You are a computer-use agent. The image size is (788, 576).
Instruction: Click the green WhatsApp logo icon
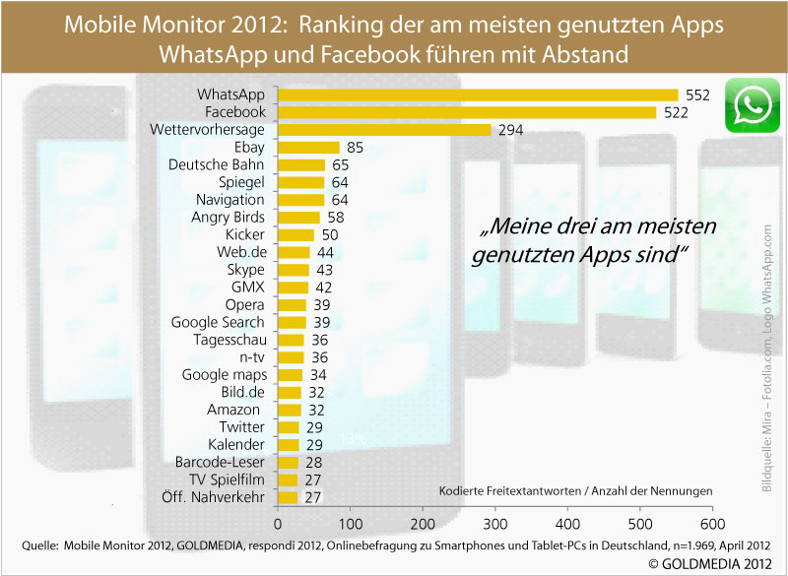point(753,106)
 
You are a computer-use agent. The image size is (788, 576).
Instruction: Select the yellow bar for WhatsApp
point(478,96)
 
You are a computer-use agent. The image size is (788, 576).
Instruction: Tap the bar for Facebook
point(467,112)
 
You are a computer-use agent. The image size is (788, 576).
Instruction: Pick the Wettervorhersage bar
point(384,130)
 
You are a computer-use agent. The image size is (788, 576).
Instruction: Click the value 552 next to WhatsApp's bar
point(696,96)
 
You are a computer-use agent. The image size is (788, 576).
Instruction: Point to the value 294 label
point(509,130)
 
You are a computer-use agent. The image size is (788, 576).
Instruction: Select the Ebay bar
point(308,148)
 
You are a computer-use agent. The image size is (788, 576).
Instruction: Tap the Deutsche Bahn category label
point(218,165)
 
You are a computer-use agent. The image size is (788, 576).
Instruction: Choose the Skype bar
point(294,270)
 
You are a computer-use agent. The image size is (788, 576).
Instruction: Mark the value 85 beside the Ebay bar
point(356,148)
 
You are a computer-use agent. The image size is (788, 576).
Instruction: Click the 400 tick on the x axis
point(568,523)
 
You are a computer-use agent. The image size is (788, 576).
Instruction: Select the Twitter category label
point(242,426)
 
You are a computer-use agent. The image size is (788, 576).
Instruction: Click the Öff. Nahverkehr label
point(213,496)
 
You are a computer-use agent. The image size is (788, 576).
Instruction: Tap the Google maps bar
point(291,374)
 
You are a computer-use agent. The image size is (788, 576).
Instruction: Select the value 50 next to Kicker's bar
point(330,235)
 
